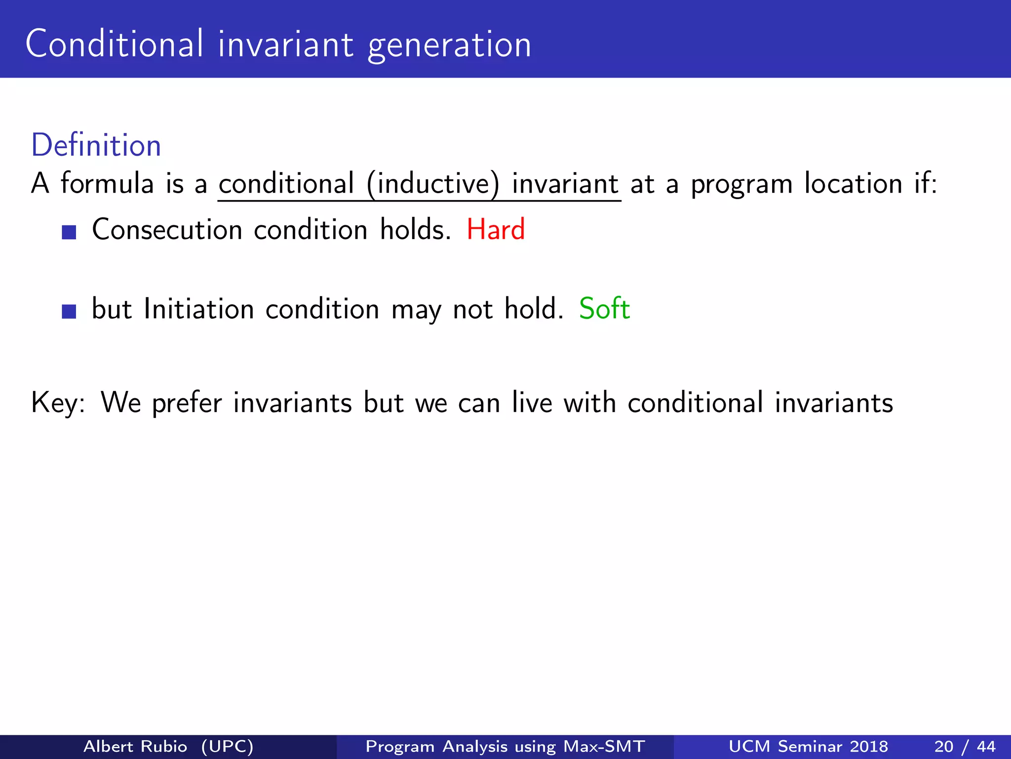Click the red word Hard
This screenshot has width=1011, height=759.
pyautogui.click(x=496, y=230)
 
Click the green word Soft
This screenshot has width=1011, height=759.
pyautogui.click(x=604, y=309)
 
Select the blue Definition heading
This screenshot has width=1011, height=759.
pyautogui.click(x=96, y=145)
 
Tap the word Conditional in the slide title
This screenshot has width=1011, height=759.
pyautogui.click(x=114, y=44)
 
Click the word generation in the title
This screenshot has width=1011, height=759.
pyautogui.click(x=449, y=45)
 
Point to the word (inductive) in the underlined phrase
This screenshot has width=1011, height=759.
pyautogui.click(x=433, y=184)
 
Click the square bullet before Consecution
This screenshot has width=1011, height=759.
pyautogui.click(x=69, y=232)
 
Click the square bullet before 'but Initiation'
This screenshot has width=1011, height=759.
pyautogui.click(x=69, y=311)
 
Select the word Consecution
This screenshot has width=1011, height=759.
pyautogui.click(x=167, y=230)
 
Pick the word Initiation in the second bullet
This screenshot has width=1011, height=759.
pyautogui.click(x=198, y=309)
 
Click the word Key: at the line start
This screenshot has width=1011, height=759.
pyautogui.click(x=58, y=403)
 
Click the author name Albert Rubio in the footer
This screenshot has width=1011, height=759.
pyautogui.click(x=135, y=746)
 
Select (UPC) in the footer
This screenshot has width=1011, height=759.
pyautogui.click(x=228, y=746)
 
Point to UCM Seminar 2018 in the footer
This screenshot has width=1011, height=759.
pyautogui.click(x=808, y=746)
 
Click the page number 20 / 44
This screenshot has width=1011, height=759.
pyautogui.click(x=965, y=746)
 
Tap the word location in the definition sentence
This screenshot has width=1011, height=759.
pyautogui.click(x=853, y=184)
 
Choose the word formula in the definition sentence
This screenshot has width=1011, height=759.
pyautogui.click(x=107, y=184)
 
